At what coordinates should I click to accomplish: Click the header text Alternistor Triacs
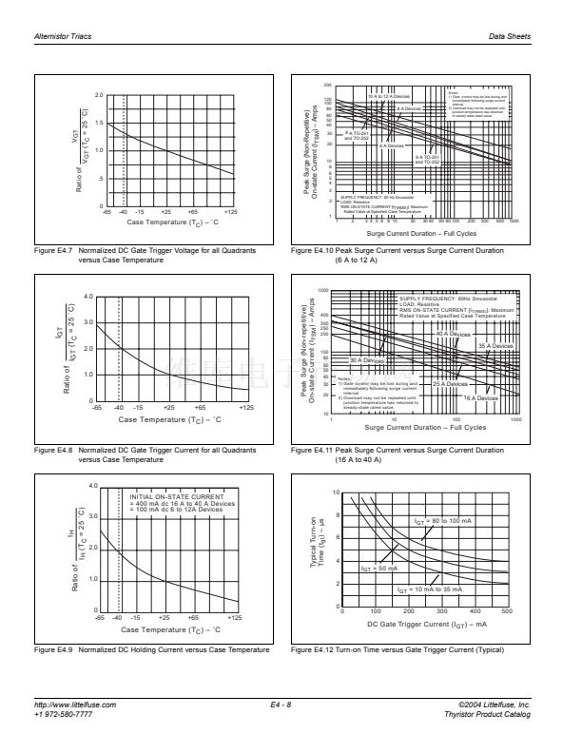(63, 36)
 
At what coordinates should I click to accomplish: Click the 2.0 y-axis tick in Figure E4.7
(99, 96)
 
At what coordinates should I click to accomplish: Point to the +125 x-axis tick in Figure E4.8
(246, 408)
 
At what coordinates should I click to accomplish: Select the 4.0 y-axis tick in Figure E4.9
(92, 487)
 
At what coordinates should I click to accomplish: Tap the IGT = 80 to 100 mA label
(443, 522)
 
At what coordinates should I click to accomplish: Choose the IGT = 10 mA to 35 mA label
(430, 589)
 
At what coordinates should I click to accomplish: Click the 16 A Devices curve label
(480, 398)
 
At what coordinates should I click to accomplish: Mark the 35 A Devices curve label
(495, 345)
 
